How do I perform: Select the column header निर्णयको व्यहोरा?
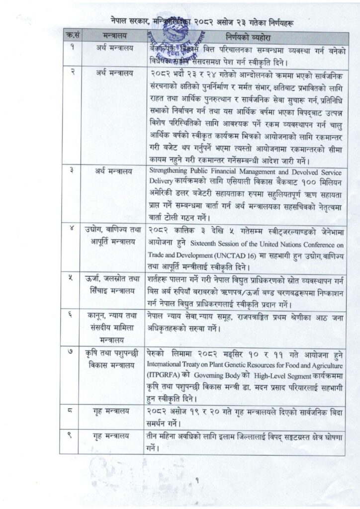click(x=245, y=38)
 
